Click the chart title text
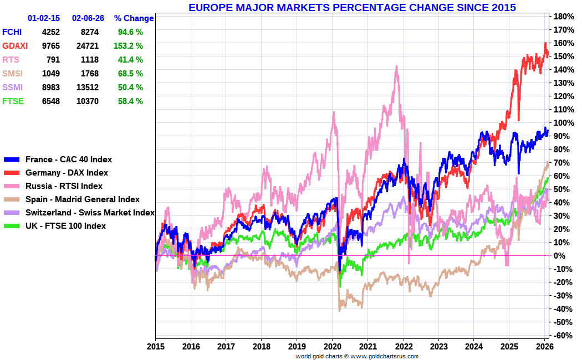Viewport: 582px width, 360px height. point(352,8)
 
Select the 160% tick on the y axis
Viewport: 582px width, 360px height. point(561,43)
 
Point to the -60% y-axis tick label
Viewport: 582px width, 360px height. point(561,335)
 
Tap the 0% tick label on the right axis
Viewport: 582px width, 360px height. point(559,255)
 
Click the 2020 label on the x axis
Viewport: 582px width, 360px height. point(331,347)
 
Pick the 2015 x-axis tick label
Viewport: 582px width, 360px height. point(155,347)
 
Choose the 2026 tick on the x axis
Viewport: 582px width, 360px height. point(544,347)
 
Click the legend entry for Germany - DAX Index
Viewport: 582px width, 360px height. point(67,173)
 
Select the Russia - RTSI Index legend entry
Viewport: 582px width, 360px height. point(64,186)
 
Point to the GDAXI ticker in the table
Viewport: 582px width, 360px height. point(15,46)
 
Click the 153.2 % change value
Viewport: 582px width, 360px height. point(130,46)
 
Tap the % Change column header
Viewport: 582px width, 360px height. point(134,18)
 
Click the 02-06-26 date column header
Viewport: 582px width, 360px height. point(88,18)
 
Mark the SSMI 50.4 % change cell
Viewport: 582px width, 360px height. point(130,88)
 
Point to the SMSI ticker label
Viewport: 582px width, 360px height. point(12,74)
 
